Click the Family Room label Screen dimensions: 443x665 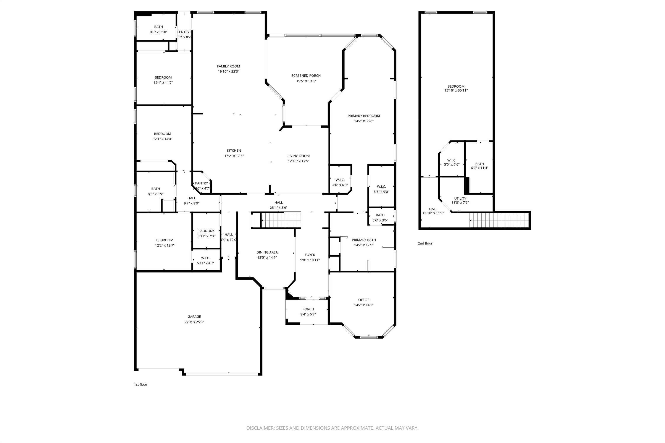tap(228, 66)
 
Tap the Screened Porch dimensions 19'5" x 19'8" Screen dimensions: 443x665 tap(306, 81)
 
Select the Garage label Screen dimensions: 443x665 tap(194, 317)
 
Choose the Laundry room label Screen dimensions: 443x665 tap(206, 231)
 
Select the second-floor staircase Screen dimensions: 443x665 tap(499, 220)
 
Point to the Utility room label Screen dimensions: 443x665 tap(460, 199)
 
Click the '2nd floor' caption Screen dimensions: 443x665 tap(425, 243)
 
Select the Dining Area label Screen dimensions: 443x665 tap(267, 252)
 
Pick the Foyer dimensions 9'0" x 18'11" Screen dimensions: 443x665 tap(310, 260)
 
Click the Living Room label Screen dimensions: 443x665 tap(299, 156)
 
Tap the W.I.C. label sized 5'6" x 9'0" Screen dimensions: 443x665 tap(381, 187)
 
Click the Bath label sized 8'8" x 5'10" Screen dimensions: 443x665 tap(158, 27)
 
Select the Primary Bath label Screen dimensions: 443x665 tap(364, 240)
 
